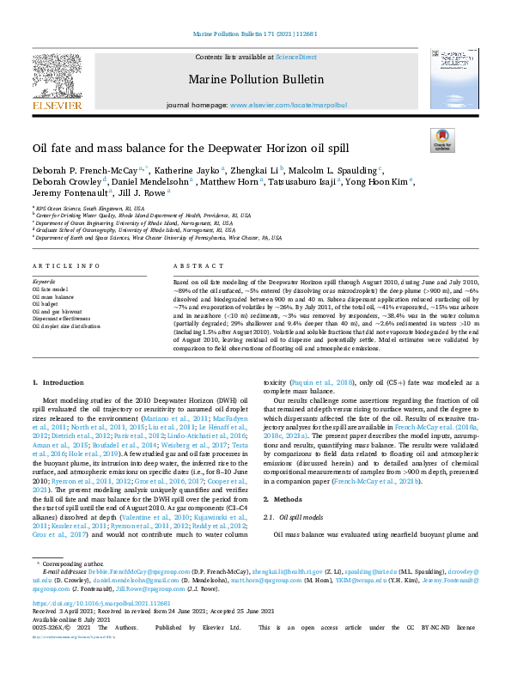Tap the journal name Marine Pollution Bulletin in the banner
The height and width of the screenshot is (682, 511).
[255, 81]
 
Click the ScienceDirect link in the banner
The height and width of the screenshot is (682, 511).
[295, 56]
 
